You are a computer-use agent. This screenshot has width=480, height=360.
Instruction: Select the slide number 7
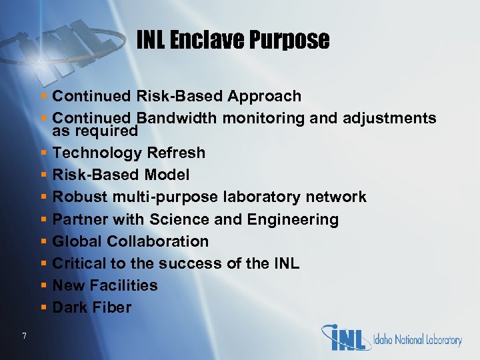coord(24,336)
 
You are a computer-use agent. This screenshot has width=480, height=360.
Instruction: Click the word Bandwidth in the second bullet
coord(181,119)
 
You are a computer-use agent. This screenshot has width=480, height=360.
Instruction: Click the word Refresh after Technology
coord(176,153)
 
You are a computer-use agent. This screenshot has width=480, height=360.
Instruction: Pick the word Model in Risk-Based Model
coord(167,175)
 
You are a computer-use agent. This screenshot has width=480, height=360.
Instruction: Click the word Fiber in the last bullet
coord(112,307)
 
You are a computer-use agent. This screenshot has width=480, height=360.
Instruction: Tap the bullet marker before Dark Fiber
coord(43,308)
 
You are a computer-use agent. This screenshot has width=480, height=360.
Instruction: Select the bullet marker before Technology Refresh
coord(43,153)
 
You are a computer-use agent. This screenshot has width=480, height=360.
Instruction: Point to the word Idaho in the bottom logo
coord(387,340)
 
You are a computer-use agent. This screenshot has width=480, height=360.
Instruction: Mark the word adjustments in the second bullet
coord(389,119)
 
